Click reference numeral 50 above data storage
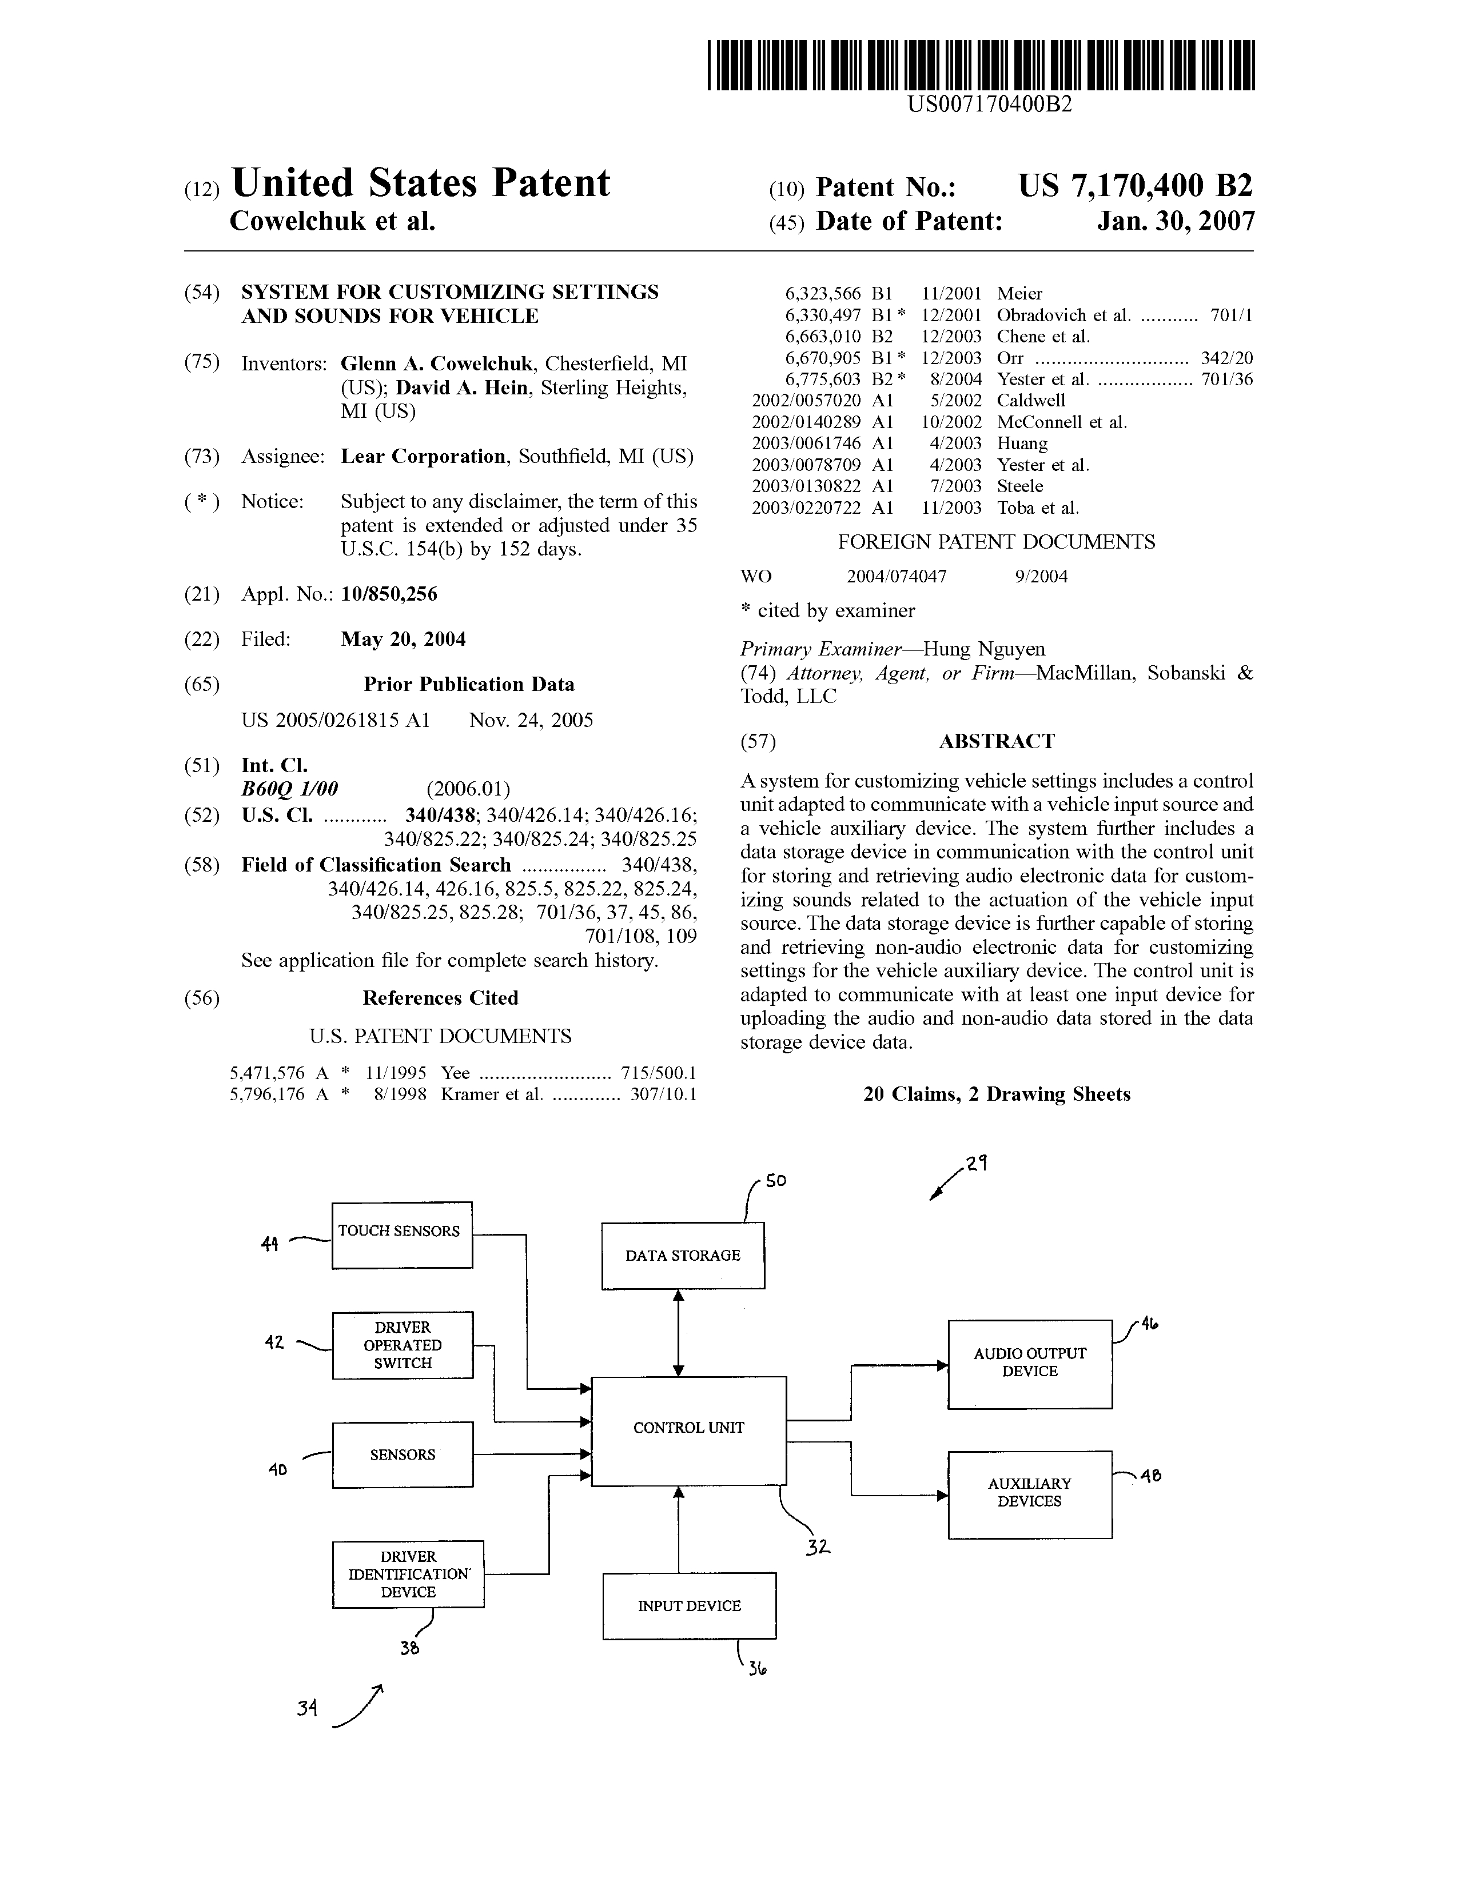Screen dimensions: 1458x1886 (776, 1181)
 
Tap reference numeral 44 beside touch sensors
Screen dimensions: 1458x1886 (269, 1244)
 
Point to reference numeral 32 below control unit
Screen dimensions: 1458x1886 (817, 1548)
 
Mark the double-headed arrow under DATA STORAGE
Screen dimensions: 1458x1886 (679, 1332)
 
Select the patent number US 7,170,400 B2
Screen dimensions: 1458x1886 (1135, 186)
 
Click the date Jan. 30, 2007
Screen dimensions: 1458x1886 (1176, 222)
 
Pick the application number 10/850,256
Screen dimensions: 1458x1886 (389, 594)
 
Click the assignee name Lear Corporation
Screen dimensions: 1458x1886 (423, 457)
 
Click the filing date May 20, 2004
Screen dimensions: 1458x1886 (403, 640)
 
